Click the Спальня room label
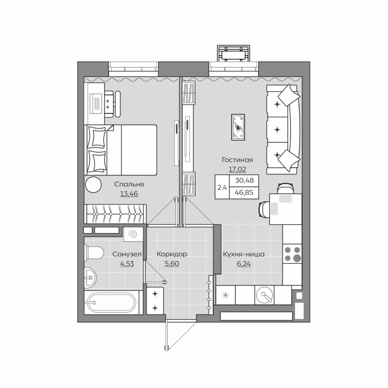[x=129, y=184]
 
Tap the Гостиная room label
[x=237, y=160]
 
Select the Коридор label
[x=172, y=254]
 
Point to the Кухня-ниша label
[x=244, y=254]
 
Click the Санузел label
[x=127, y=254]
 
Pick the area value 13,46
[x=129, y=194]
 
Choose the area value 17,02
[x=237, y=170]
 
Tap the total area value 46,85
[x=244, y=192]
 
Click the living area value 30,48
[x=244, y=180]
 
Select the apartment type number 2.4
[x=222, y=187]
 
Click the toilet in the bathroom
[x=94, y=253]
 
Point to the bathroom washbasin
[x=90, y=278]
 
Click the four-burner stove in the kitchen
[x=292, y=254]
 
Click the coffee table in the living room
[x=238, y=127]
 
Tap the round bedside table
[x=93, y=185]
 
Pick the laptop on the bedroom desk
[x=96, y=104]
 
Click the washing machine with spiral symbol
[x=133, y=234]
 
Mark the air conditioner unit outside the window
[x=233, y=53]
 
